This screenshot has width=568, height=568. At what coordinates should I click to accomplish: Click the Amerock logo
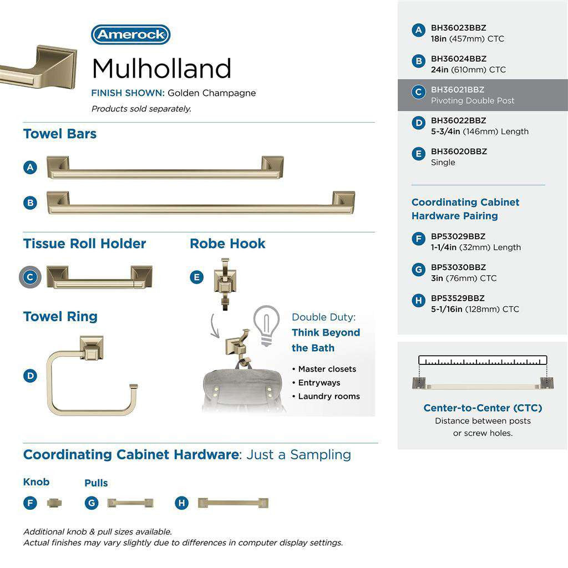click(x=130, y=35)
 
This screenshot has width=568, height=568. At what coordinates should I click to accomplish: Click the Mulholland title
click(x=161, y=69)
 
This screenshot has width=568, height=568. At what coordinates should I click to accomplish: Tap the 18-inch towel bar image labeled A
click(x=165, y=168)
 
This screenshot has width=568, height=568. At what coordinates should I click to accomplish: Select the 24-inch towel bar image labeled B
click(x=200, y=203)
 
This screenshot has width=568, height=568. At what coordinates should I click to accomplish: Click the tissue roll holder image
click(x=99, y=277)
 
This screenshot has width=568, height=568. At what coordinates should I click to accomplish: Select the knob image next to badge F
click(x=54, y=503)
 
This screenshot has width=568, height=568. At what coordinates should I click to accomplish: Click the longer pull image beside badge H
click(x=234, y=503)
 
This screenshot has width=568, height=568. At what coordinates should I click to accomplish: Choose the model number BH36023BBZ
click(x=458, y=28)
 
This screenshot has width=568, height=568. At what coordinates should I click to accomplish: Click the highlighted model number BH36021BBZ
click(x=458, y=90)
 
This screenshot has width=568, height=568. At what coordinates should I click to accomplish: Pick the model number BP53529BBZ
click(x=458, y=298)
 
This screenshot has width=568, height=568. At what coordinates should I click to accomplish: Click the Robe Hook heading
click(x=227, y=244)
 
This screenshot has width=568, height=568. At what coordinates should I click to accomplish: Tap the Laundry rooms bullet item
click(x=329, y=397)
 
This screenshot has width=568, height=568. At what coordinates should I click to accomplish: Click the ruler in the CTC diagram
click(x=483, y=360)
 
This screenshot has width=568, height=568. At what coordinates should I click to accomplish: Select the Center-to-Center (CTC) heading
click(x=483, y=408)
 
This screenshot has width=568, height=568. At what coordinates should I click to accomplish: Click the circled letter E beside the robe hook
click(x=196, y=277)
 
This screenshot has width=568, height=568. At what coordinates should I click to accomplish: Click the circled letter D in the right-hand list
click(x=419, y=123)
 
